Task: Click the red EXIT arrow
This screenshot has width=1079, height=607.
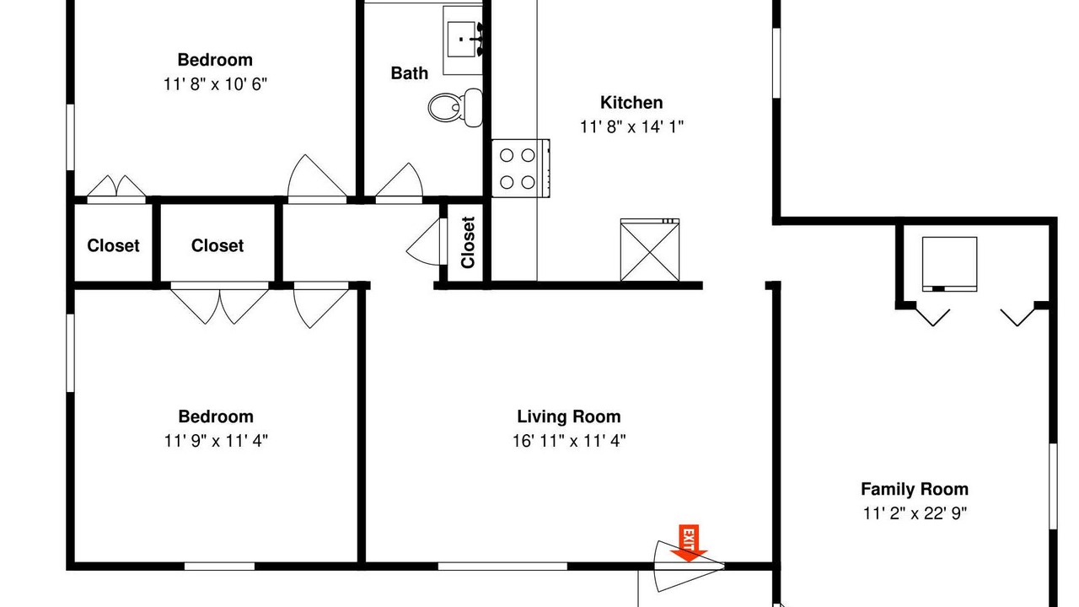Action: click(x=689, y=543)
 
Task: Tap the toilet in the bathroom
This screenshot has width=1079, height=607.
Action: click(x=455, y=107)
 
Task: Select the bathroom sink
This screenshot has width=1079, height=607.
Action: click(x=463, y=40)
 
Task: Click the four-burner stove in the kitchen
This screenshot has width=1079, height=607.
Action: click(x=521, y=169)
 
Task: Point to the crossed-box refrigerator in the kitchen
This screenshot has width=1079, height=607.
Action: click(x=650, y=250)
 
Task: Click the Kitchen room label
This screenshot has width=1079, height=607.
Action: click(x=631, y=102)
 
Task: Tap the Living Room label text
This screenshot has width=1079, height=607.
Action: click(x=569, y=416)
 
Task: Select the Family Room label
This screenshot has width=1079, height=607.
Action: click(x=915, y=489)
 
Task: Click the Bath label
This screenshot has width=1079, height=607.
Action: click(x=410, y=73)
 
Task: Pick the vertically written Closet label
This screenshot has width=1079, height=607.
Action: click(x=468, y=242)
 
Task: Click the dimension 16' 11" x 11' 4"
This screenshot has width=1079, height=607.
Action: click(x=569, y=440)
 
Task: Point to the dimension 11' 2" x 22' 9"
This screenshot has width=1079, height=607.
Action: click(x=915, y=513)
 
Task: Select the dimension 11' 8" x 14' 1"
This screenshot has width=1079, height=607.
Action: click(x=631, y=126)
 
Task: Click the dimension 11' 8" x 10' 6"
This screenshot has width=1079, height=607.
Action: click(x=215, y=84)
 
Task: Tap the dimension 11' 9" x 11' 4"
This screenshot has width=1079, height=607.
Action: click(x=216, y=440)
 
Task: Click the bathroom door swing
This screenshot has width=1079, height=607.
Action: click(x=399, y=182)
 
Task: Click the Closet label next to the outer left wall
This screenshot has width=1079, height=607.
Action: click(x=113, y=245)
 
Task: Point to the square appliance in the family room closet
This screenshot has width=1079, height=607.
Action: click(x=949, y=264)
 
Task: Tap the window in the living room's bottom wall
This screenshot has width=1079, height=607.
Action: click(x=502, y=567)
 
